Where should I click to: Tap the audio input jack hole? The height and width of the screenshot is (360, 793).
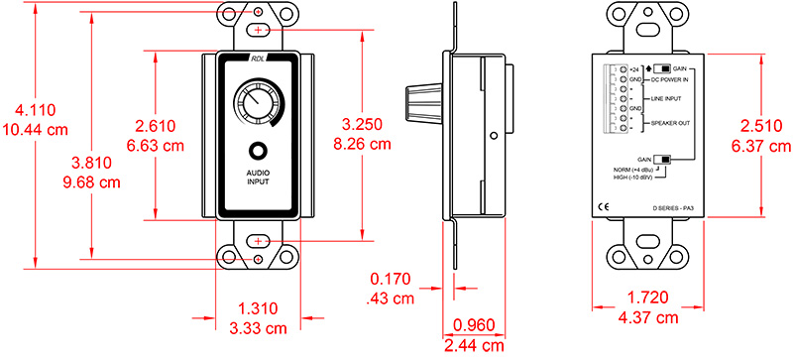tap(258, 153)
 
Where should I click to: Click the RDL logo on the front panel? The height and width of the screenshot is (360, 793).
tap(258, 59)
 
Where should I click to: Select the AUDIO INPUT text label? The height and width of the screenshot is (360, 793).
tap(258, 179)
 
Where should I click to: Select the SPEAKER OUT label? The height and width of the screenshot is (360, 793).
tap(671, 122)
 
